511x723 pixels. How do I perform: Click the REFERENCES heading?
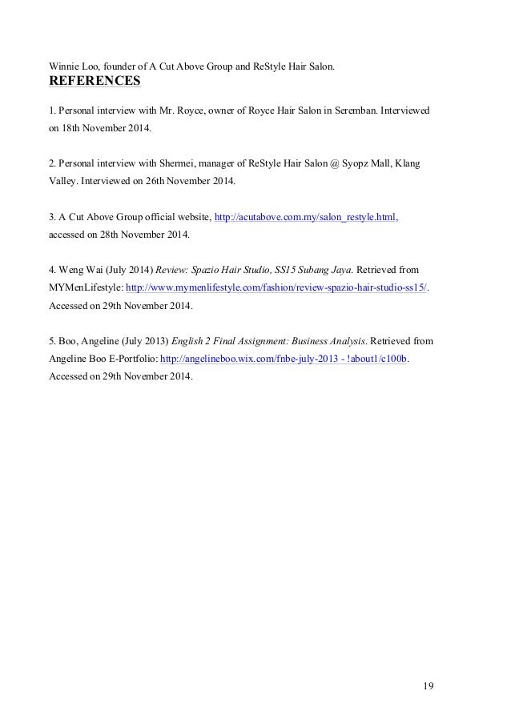(95, 81)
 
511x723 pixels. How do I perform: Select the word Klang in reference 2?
(407, 163)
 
